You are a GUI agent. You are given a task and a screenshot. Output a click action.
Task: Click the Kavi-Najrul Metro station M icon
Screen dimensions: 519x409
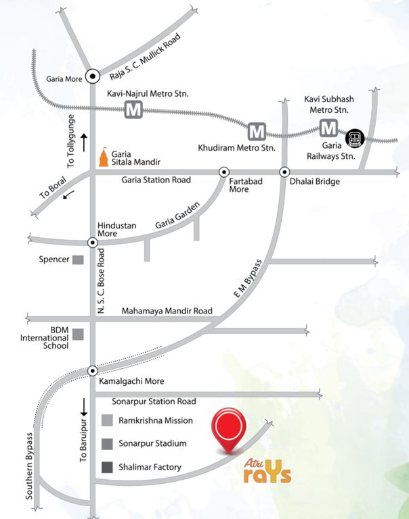[133, 110]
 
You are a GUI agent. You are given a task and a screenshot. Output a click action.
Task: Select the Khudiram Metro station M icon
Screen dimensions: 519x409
[256, 130]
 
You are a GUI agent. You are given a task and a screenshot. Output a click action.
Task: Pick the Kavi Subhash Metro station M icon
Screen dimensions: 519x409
[329, 127]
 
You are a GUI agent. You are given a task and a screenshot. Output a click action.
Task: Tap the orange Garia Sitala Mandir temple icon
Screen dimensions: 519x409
[102, 157]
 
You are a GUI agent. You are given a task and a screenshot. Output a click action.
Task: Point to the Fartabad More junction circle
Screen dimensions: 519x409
[223, 172]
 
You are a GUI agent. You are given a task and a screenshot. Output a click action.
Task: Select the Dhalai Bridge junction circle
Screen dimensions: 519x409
[285, 172]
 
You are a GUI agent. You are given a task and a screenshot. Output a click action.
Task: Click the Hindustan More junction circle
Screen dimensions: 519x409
[92, 241]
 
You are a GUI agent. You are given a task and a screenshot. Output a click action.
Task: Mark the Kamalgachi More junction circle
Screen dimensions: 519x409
[92, 370]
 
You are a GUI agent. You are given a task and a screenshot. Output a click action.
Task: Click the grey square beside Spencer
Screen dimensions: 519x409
[79, 259]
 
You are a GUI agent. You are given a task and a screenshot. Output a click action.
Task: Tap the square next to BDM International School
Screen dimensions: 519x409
[79, 334]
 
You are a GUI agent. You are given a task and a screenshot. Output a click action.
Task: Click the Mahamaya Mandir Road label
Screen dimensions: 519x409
[167, 312]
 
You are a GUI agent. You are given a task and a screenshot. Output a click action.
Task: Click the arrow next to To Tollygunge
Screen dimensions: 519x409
[84, 142]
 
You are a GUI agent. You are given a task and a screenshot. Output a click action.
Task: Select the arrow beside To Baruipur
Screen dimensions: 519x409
[84, 407]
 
